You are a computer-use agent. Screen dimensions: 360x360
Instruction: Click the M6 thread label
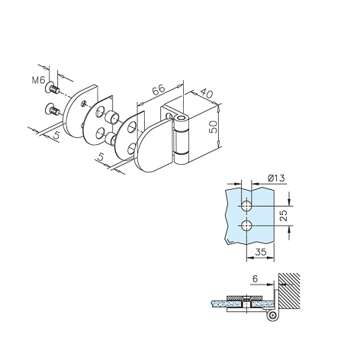click(x=38, y=81)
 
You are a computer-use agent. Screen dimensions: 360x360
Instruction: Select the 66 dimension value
click(x=159, y=89)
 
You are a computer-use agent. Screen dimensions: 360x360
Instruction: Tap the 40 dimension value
click(x=205, y=93)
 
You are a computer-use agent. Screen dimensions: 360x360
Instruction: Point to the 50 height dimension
click(x=213, y=127)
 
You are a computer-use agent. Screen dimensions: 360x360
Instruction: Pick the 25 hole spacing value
click(x=284, y=215)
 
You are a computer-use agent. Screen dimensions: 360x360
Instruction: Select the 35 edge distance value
click(x=261, y=252)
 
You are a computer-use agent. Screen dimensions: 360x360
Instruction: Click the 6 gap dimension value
click(x=255, y=279)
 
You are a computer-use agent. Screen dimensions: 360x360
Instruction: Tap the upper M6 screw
click(x=52, y=88)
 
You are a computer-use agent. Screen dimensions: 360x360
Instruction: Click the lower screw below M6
click(x=52, y=110)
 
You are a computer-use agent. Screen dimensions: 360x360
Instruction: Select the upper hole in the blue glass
click(x=246, y=205)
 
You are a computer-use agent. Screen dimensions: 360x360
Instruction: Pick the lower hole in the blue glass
click(x=246, y=226)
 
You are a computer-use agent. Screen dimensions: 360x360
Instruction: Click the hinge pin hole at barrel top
click(x=182, y=118)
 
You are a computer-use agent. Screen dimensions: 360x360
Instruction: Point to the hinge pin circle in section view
click(x=272, y=316)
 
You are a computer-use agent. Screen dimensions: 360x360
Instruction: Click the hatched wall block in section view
click(x=289, y=291)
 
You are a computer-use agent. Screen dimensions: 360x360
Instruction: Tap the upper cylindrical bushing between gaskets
click(x=112, y=117)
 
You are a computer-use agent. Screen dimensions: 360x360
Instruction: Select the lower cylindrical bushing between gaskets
click(x=111, y=139)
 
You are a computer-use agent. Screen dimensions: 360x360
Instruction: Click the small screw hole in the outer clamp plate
click(x=83, y=103)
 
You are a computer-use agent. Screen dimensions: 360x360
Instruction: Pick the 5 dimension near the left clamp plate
click(x=56, y=135)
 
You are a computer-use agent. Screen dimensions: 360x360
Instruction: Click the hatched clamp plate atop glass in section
click(x=244, y=297)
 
